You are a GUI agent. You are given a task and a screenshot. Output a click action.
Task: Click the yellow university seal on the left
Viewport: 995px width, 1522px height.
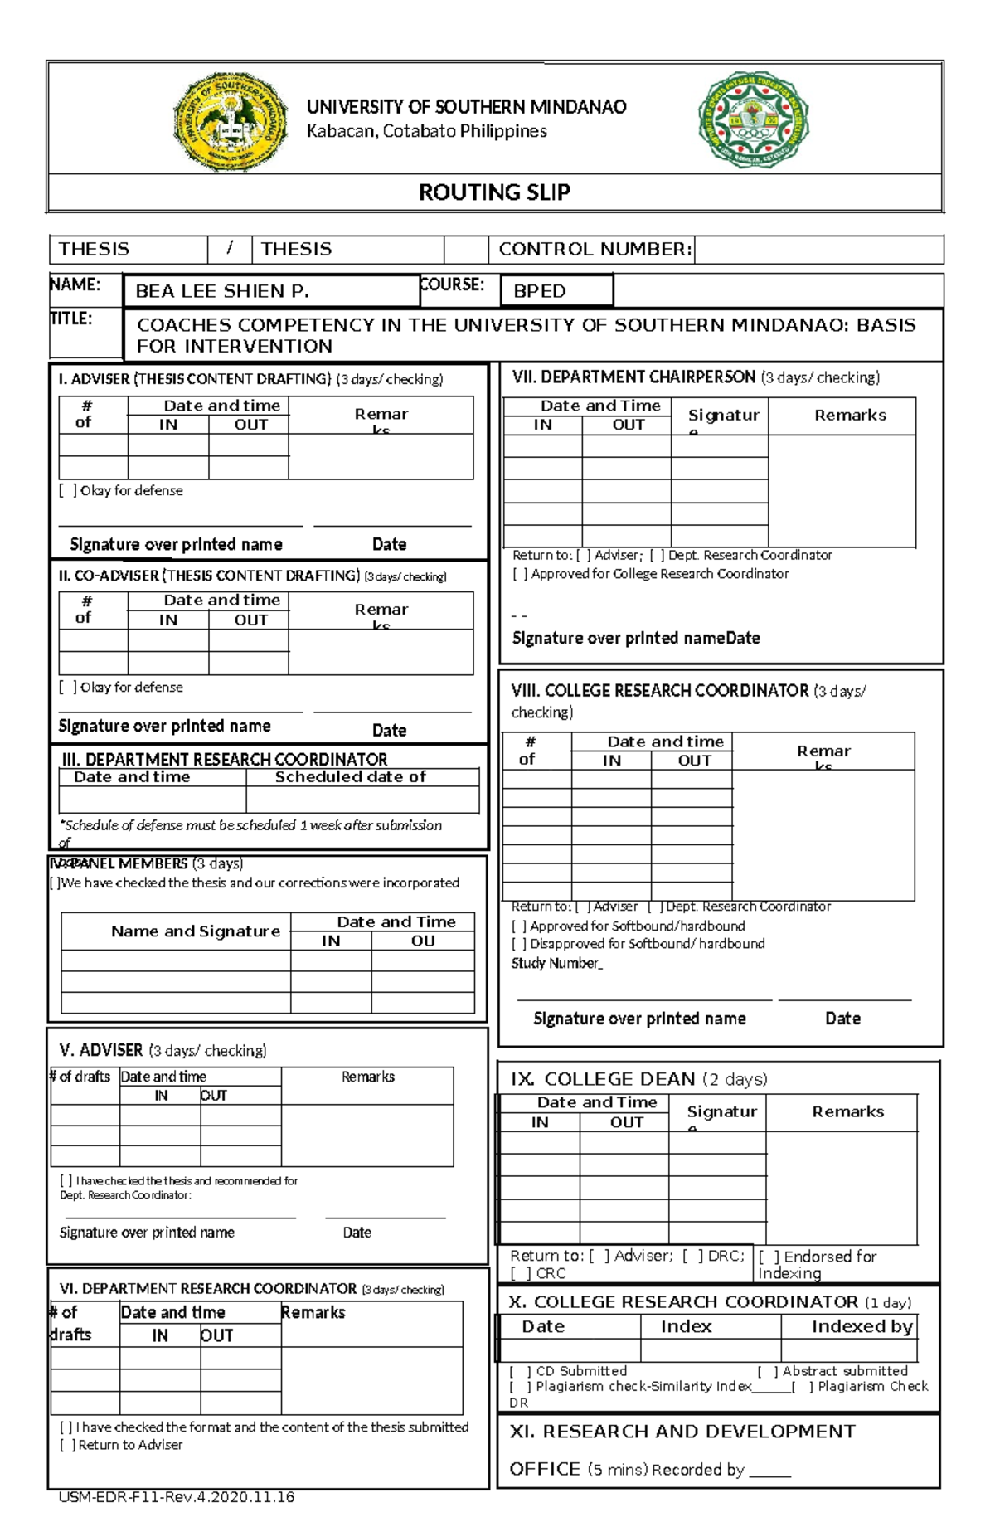(230, 121)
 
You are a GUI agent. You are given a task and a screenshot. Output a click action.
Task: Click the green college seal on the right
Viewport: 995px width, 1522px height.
(753, 119)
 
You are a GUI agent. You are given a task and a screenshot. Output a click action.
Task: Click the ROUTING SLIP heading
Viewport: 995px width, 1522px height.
(494, 192)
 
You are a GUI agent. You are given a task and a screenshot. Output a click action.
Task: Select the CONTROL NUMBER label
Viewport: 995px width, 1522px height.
(594, 249)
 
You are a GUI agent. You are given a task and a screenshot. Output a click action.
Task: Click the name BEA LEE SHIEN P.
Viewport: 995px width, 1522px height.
(221, 291)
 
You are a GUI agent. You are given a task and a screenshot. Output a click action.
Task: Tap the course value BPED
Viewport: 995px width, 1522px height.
(540, 291)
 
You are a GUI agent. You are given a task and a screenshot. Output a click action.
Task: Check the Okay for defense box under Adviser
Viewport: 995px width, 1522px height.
(68, 491)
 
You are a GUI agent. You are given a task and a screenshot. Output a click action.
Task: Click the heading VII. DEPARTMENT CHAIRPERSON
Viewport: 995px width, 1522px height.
(633, 377)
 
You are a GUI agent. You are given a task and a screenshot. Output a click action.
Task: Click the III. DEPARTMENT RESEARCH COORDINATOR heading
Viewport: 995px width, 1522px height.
(224, 759)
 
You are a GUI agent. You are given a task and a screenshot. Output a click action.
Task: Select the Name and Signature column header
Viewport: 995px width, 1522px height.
(196, 931)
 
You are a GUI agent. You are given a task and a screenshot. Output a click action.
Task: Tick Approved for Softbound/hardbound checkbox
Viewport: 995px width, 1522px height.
(519, 926)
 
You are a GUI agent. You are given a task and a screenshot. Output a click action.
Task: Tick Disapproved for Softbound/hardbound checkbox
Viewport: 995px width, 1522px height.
(519, 944)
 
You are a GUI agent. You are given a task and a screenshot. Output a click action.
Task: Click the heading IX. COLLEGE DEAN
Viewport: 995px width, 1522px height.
(602, 1079)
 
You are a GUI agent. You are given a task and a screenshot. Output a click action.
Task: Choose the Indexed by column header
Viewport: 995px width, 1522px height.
(862, 1326)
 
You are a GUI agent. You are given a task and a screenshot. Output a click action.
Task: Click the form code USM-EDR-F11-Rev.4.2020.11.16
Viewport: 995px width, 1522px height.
(177, 1497)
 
